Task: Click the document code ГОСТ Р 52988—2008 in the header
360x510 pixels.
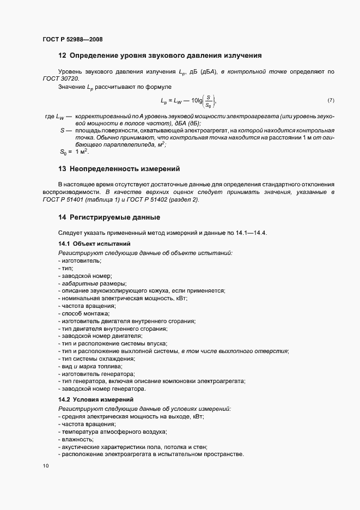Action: tap(72, 39)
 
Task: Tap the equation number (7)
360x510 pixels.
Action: tap(331, 100)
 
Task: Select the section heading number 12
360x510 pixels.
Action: tap(62, 55)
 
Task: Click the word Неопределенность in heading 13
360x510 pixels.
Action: tap(104, 169)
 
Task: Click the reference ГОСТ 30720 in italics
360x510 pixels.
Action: tap(60, 79)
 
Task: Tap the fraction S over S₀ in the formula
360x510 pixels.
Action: tap(209, 101)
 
